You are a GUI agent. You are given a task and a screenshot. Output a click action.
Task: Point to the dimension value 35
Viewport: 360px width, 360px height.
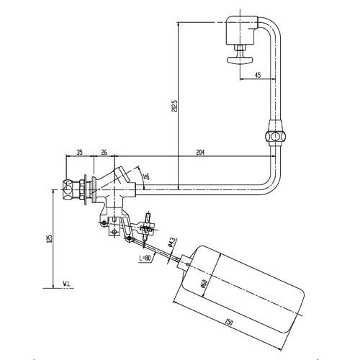click(79, 153)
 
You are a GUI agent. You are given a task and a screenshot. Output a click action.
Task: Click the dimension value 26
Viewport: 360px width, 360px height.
click(104, 153)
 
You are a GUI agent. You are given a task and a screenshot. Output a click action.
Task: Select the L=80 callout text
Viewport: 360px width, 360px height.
click(143, 256)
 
